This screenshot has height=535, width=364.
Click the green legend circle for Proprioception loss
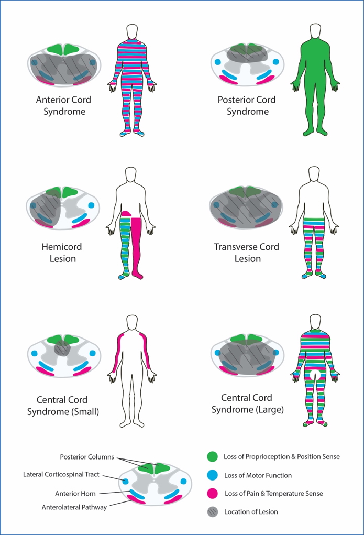[212, 456]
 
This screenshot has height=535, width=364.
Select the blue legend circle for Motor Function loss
[212, 475]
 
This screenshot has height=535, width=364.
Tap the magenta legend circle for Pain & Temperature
[212, 493]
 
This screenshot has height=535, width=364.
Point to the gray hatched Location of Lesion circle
[212, 511]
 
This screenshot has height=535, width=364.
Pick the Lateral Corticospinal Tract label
[61, 474]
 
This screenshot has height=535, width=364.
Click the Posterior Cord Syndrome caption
[247, 105]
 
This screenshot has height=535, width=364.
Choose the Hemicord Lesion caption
[62, 253]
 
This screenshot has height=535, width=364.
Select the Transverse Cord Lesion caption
[247, 253]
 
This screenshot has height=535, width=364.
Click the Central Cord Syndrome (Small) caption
[62, 406]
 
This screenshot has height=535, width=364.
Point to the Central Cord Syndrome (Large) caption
[247, 404]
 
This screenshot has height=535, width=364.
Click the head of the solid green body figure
[315, 31]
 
